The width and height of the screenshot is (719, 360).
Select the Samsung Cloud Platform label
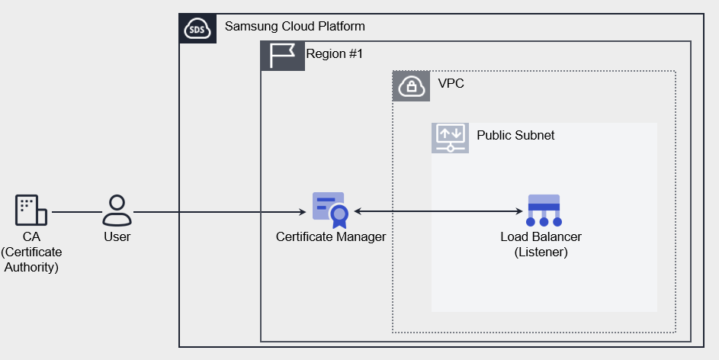pos(294,27)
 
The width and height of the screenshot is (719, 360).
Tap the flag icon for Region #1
pos(283,56)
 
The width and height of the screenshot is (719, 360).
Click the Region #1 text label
pos(335,54)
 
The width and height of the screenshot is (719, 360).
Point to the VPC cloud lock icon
pos(411,85)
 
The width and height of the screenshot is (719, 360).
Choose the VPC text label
pos(451,84)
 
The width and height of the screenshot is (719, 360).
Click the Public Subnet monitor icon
pos(450,138)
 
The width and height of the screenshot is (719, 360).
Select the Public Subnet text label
pos(515,136)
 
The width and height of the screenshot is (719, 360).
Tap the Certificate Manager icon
pos(330,210)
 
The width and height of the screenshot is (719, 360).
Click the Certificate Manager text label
pos(331,237)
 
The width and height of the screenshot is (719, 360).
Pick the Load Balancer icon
pos(544,211)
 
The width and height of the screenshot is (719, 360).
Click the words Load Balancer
pos(541,237)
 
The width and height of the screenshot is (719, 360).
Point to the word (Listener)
pos(541,252)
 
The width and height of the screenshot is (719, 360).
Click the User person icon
pos(117,211)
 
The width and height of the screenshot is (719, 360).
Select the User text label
pos(117,237)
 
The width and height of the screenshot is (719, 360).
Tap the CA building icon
pos(31,211)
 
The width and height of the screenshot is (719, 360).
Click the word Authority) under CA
pos(31,267)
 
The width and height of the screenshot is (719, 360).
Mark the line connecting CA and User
pos(75,211)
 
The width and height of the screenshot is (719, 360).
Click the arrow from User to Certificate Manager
pos(221,211)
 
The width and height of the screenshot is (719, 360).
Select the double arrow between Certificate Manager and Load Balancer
pos(438,211)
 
